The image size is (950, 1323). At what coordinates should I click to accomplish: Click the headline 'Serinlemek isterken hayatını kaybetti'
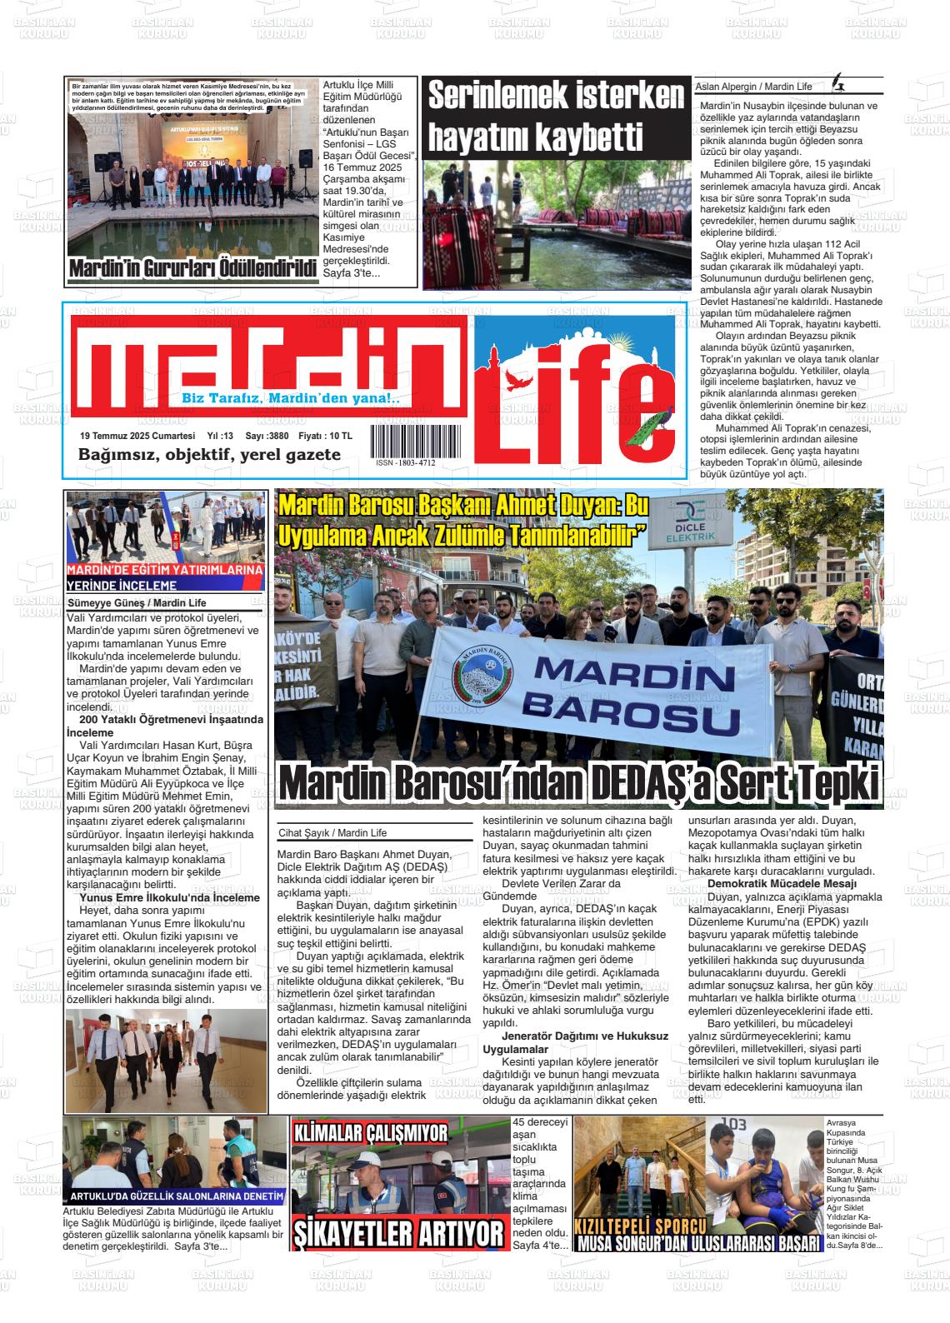[555, 117]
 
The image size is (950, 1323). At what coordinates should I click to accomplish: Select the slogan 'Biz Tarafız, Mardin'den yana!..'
[291, 399]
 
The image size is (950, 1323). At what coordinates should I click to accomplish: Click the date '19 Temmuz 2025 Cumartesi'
[137, 436]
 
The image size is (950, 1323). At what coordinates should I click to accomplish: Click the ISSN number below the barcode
[405, 462]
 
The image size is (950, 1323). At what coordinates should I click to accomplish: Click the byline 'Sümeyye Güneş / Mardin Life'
[137, 602]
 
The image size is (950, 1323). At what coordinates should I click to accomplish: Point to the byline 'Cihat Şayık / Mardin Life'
[332, 832]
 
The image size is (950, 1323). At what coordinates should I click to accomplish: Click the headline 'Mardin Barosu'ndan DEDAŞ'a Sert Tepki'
[579, 782]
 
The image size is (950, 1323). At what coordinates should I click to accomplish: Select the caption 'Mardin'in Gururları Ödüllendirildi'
[193, 270]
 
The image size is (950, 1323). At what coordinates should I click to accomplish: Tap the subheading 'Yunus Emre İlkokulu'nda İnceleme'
[170, 898]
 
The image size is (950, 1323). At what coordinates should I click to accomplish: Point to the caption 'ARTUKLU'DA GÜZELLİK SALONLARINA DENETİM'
[177, 1196]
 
